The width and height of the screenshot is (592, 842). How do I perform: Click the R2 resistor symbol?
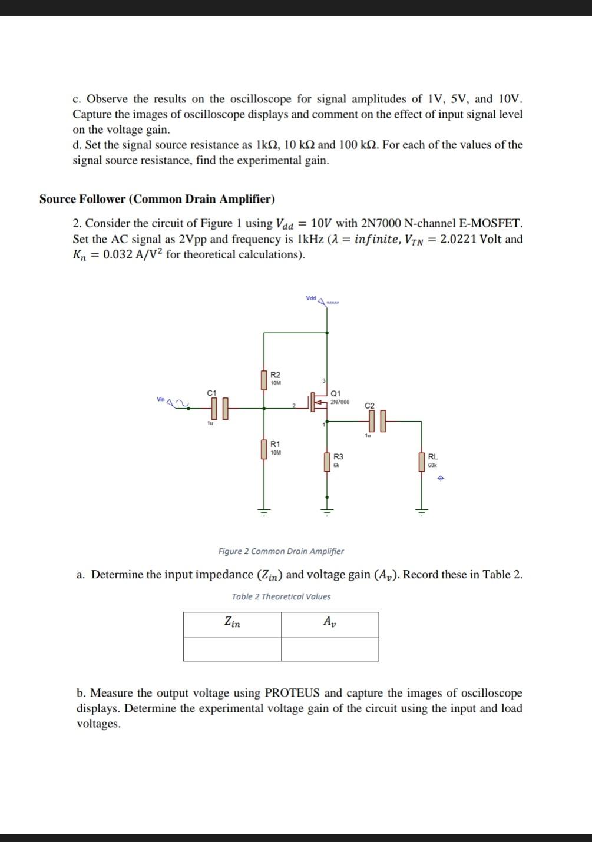tap(264, 380)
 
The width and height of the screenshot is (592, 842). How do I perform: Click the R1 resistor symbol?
tap(264, 449)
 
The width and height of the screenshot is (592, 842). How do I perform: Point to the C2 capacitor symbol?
tap(378, 421)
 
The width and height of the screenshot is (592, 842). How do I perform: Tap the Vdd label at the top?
tap(311, 299)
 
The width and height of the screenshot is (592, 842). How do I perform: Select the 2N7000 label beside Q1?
tap(339, 402)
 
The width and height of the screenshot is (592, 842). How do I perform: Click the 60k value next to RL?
tap(432, 465)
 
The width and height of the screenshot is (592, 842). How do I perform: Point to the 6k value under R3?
tap(336, 465)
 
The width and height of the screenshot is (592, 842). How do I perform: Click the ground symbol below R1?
tap(264, 511)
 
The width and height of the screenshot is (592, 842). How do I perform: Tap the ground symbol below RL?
tap(422, 511)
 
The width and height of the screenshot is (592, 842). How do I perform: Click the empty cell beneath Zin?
tap(232, 649)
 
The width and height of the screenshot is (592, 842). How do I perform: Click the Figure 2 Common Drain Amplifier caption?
tap(281, 551)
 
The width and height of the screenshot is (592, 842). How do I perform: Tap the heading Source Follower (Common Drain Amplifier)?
tap(157, 199)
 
